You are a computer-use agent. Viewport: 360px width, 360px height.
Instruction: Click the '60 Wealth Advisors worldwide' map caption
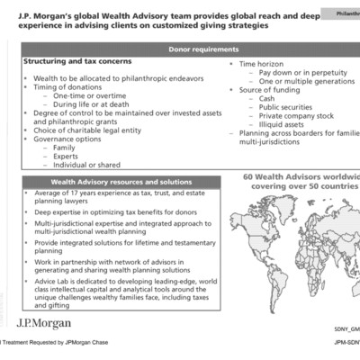(301, 177)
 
